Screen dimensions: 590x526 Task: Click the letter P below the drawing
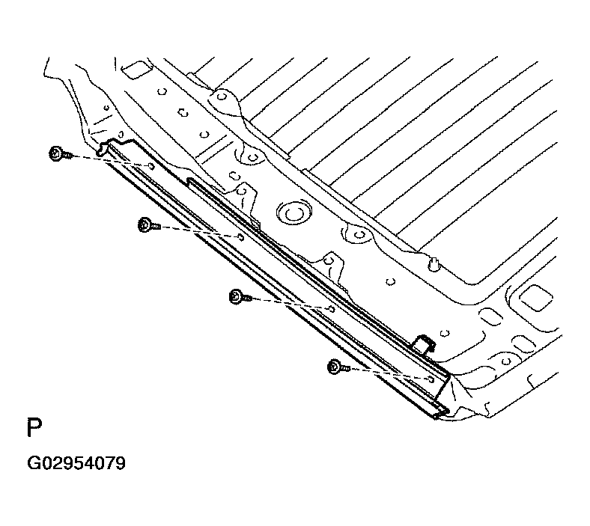(x=34, y=427)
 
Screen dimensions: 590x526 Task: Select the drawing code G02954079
(x=76, y=463)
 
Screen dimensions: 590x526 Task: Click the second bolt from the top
(x=150, y=225)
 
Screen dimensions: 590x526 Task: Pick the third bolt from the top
(x=240, y=296)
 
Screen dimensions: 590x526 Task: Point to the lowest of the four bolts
(x=338, y=367)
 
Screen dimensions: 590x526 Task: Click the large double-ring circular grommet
(x=293, y=213)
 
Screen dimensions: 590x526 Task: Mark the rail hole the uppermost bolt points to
(x=151, y=166)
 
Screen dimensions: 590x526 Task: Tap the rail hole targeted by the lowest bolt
(x=431, y=379)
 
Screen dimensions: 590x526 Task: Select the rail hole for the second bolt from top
(x=241, y=237)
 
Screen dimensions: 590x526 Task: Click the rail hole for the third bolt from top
(x=332, y=309)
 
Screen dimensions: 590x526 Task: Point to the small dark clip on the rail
(x=424, y=343)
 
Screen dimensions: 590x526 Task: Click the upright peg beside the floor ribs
(x=434, y=263)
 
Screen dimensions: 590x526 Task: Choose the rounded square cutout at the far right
(x=535, y=297)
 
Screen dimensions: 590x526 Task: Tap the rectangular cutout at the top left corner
(x=136, y=70)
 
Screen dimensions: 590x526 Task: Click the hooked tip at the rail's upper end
(x=102, y=149)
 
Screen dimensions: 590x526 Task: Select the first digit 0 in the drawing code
(x=49, y=463)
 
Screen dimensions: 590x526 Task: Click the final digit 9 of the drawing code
(x=120, y=463)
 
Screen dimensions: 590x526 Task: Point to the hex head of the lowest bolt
(x=334, y=367)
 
